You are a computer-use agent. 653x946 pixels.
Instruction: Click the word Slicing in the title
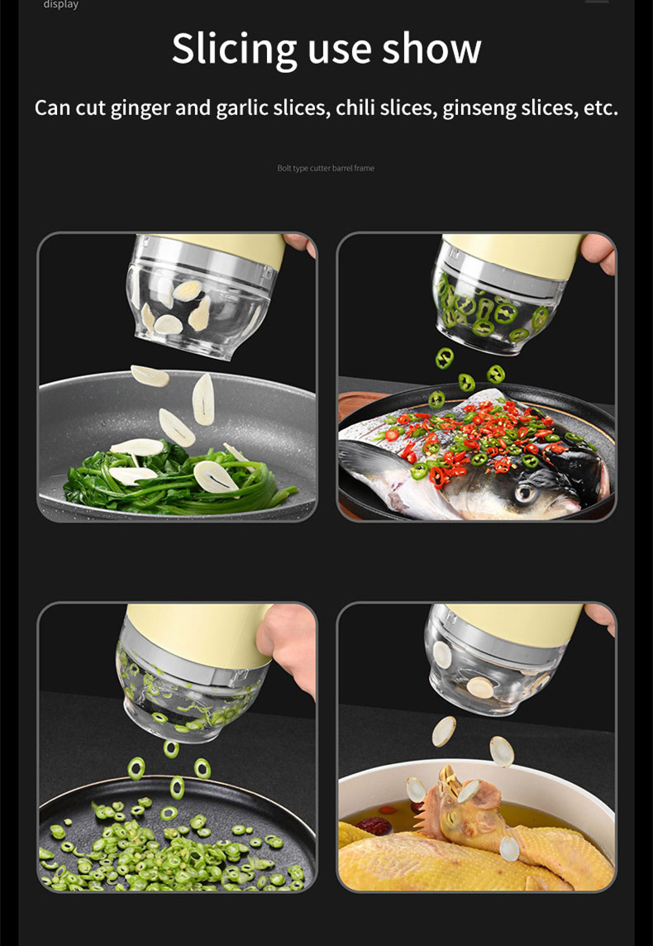235,50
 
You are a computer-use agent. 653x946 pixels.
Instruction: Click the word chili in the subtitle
355,108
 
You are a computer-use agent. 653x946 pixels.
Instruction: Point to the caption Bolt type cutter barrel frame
326,169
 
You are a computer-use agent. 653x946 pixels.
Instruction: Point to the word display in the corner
61,5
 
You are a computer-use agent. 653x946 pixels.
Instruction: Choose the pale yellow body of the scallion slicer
199,633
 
